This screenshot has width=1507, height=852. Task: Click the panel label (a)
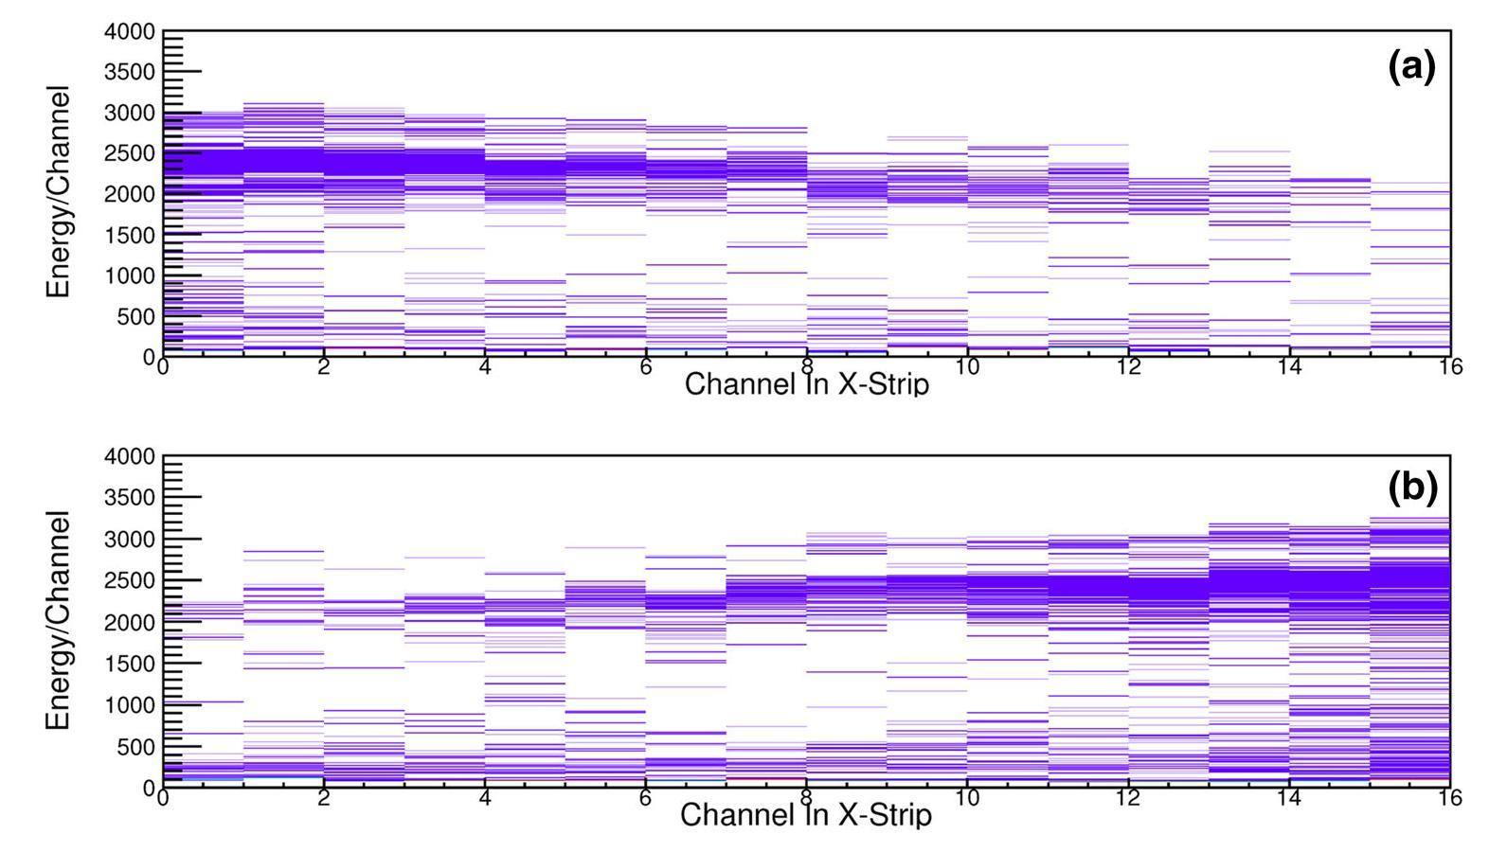click(x=1411, y=67)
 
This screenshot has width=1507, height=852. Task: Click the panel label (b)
click(x=1412, y=488)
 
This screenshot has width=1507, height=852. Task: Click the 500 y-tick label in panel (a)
click(x=136, y=316)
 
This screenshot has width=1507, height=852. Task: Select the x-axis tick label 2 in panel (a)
click(x=324, y=367)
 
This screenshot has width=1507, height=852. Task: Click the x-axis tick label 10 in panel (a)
click(x=967, y=367)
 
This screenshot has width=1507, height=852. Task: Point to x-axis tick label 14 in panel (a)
click(x=1289, y=367)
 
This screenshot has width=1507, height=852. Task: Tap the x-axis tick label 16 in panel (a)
click(x=1450, y=367)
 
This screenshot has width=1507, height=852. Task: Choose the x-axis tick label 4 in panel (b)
click(x=485, y=799)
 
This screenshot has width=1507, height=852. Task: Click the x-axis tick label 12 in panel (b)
click(x=1128, y=799)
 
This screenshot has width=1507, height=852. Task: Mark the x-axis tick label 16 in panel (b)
click(x=1450, y=799)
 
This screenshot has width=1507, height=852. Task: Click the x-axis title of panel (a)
click(x=806, y=384)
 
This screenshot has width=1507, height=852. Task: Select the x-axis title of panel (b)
click(x=806, y=815)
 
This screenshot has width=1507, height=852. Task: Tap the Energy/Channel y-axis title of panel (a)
click(x=59, y=192)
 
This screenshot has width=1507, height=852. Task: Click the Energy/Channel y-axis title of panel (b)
click(x=59, y=620)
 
